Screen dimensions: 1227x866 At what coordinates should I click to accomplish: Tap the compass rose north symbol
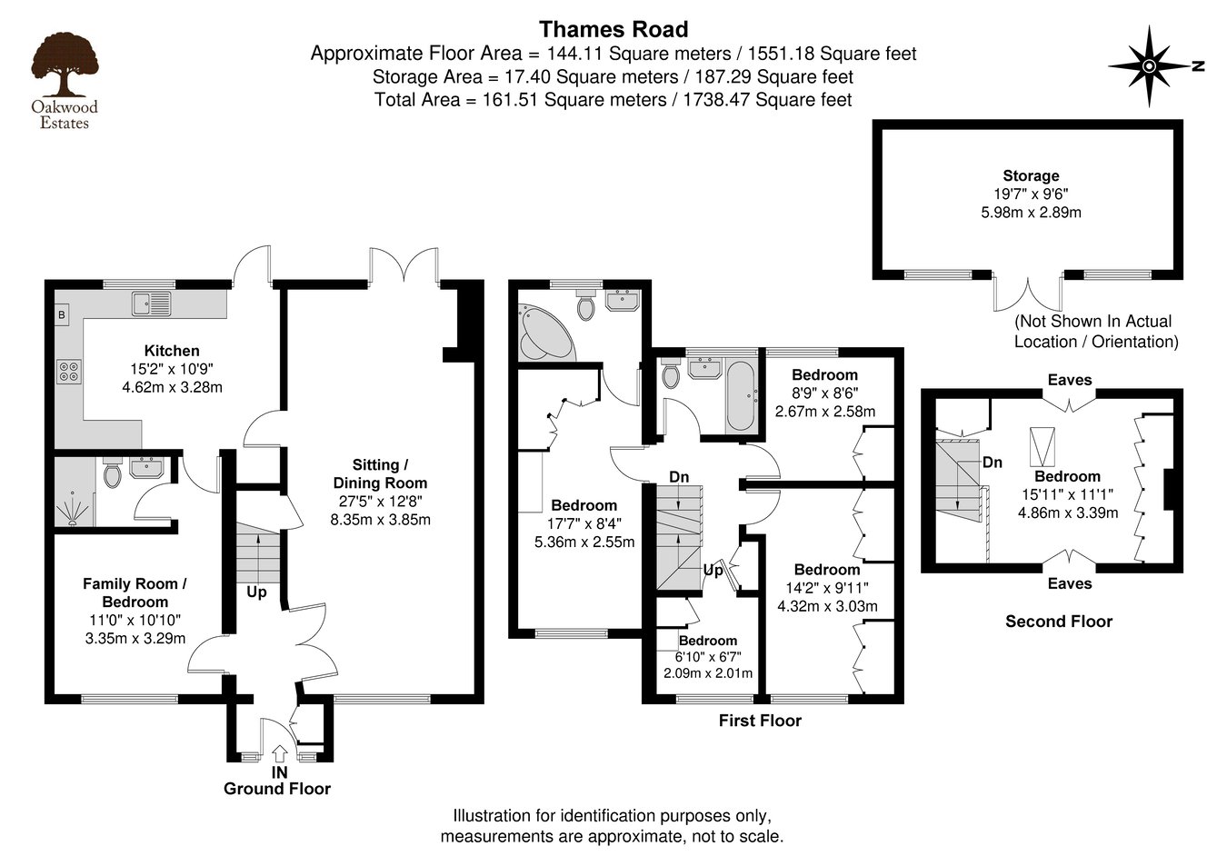(1149, 66)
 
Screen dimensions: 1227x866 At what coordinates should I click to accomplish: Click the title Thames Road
(613, 30)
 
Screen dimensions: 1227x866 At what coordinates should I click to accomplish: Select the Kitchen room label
(172, 351)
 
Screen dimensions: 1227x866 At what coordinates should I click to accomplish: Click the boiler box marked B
(62, 315)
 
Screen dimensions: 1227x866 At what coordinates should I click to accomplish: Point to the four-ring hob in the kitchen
(69, 370)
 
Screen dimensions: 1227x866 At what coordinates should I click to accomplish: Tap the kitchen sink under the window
(151, 304)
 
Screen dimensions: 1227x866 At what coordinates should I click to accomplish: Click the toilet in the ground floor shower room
(113, 473)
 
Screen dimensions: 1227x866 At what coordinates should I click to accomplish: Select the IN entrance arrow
(279, 753)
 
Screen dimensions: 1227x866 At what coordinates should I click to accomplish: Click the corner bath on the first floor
(544, 333)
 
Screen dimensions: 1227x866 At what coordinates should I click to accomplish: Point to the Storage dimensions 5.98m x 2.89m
(1031, 213)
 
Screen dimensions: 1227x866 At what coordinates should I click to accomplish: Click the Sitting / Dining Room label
(380, 473)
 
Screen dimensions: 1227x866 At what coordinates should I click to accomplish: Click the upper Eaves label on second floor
(1069, 380)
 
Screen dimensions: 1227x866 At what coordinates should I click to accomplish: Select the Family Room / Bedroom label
(135, 592)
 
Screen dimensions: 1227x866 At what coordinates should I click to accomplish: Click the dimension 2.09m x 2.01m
(708, 672)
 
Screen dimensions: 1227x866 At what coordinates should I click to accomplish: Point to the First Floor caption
(760, 721)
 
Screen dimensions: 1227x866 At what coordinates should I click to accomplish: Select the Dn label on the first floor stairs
(679, 477)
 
